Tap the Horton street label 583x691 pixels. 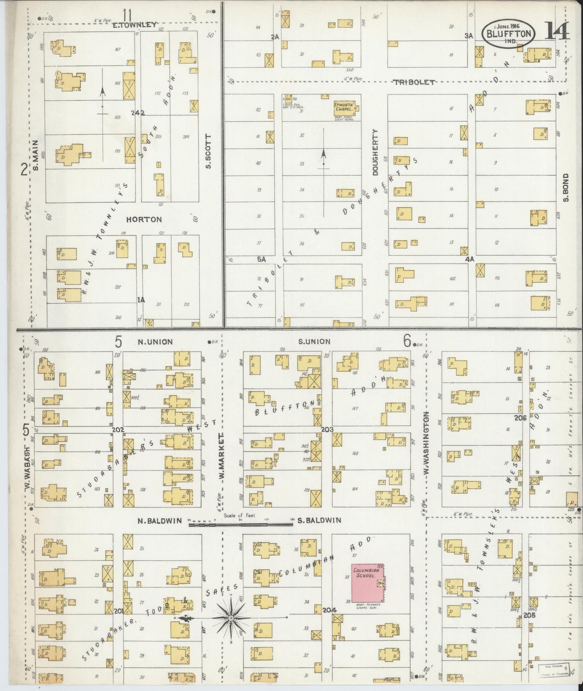(144, 220)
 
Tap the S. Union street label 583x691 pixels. (314, 341)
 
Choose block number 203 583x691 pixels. (327, 429)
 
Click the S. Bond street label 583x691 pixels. (566, 187)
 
